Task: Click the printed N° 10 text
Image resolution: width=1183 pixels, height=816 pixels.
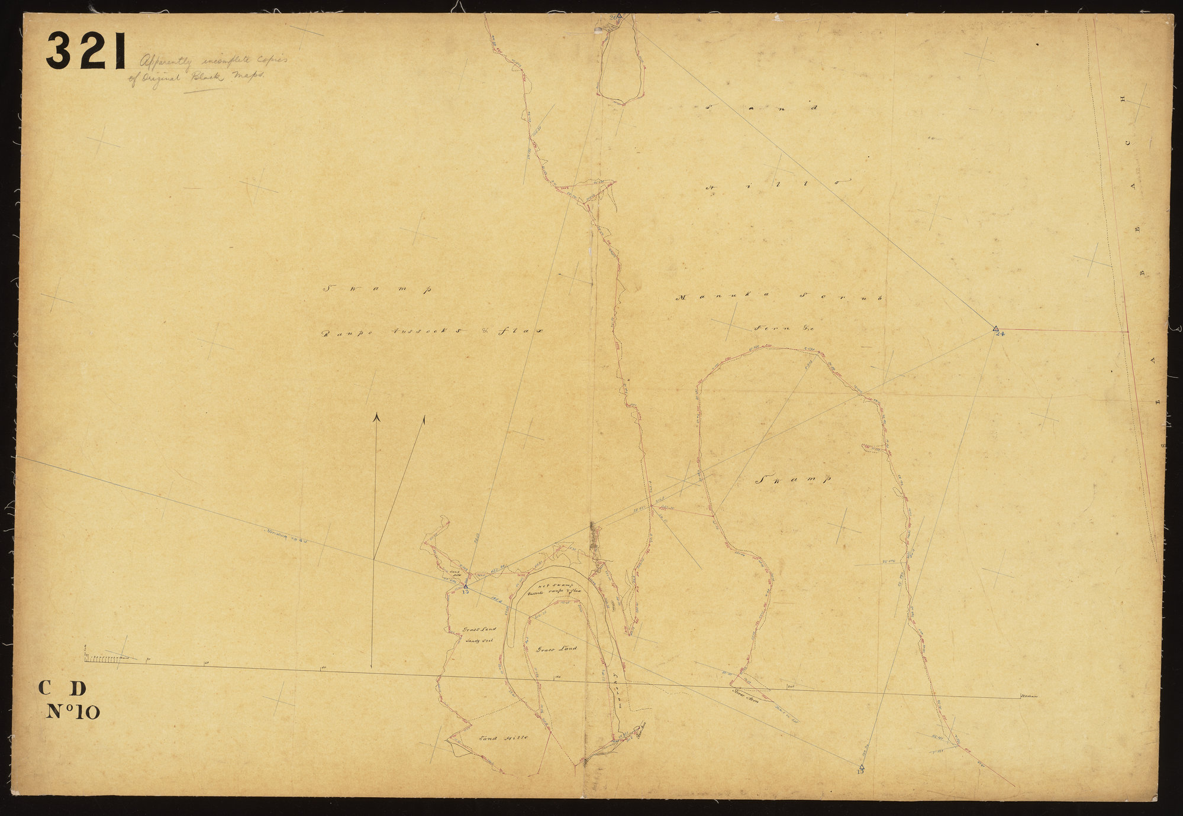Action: point(72,712)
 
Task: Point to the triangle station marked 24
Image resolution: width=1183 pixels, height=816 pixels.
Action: point(996,329)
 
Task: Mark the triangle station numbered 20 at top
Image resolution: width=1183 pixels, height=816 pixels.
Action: point(618,16)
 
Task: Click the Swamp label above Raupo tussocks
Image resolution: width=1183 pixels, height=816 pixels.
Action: point(375,289)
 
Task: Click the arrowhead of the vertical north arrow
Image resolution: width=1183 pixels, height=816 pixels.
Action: point(375,417)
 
